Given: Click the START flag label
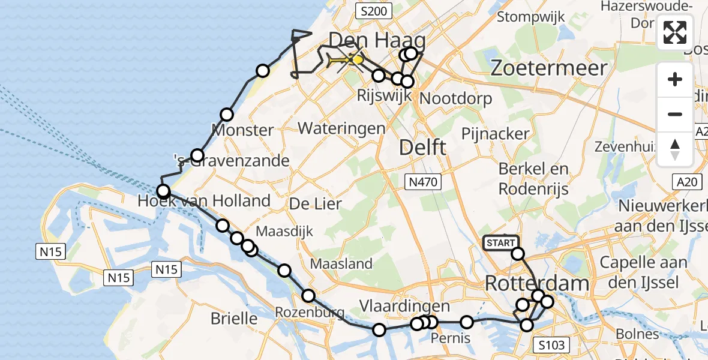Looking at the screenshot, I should click(x=500, y=243).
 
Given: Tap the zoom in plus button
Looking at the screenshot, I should click(x=675, y=80).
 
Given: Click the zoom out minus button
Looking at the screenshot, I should click(x=675, y=114).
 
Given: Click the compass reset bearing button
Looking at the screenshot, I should click(x=675, y=149).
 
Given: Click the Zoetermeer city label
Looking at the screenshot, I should click(x=549, y=68).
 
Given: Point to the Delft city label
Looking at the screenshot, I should click(x=423, y=147).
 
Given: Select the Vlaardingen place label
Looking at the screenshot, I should click(x=396, y=307).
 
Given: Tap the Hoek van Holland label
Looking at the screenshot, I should click(x=204, y=200).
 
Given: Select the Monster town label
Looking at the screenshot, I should click(x=243, y=130).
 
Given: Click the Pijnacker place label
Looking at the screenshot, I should click(x=495, y=133).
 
